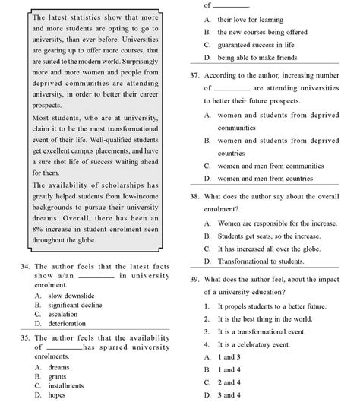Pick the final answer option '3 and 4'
tap(229, 395)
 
